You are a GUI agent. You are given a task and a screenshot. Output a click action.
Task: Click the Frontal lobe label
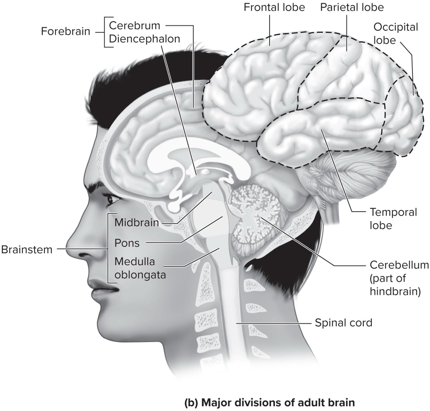274,7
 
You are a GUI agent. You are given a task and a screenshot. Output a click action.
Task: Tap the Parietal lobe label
352,7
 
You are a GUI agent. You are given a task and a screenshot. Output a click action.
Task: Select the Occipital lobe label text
395,33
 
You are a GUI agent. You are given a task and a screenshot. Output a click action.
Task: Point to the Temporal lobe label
393,218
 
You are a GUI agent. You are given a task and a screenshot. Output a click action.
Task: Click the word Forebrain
66,32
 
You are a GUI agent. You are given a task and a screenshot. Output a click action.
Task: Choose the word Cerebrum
135,26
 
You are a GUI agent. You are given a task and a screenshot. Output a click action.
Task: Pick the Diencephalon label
144,39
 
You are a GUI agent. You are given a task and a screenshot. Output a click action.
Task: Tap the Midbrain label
137,222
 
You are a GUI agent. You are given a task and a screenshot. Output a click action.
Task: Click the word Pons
127,243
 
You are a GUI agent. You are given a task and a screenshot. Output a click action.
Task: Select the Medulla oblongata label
140,268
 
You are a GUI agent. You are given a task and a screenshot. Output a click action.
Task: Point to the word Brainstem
27,249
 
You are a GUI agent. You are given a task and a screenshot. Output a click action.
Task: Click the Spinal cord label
343,323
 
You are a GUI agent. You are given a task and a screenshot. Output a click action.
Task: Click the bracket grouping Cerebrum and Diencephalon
105,32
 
